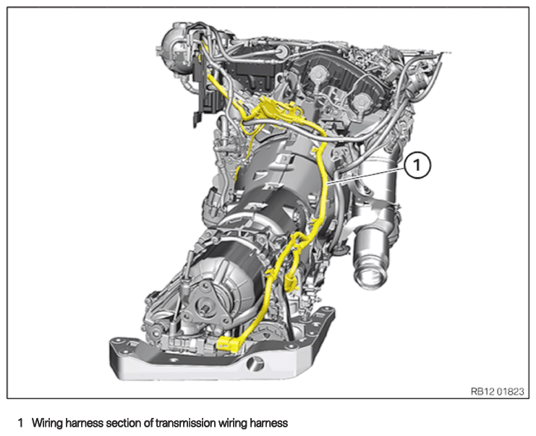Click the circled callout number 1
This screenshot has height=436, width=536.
point(417,166)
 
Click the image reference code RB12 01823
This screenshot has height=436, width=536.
point(497,391)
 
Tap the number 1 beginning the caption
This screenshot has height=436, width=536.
point(21,423)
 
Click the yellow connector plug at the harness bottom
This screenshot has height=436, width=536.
point(228,343)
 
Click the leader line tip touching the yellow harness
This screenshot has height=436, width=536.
point(327,184)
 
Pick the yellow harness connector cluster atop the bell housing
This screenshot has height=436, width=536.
point(273,108)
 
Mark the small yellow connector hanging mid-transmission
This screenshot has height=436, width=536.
point(290,281)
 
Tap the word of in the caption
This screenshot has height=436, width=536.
point(149,423)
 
